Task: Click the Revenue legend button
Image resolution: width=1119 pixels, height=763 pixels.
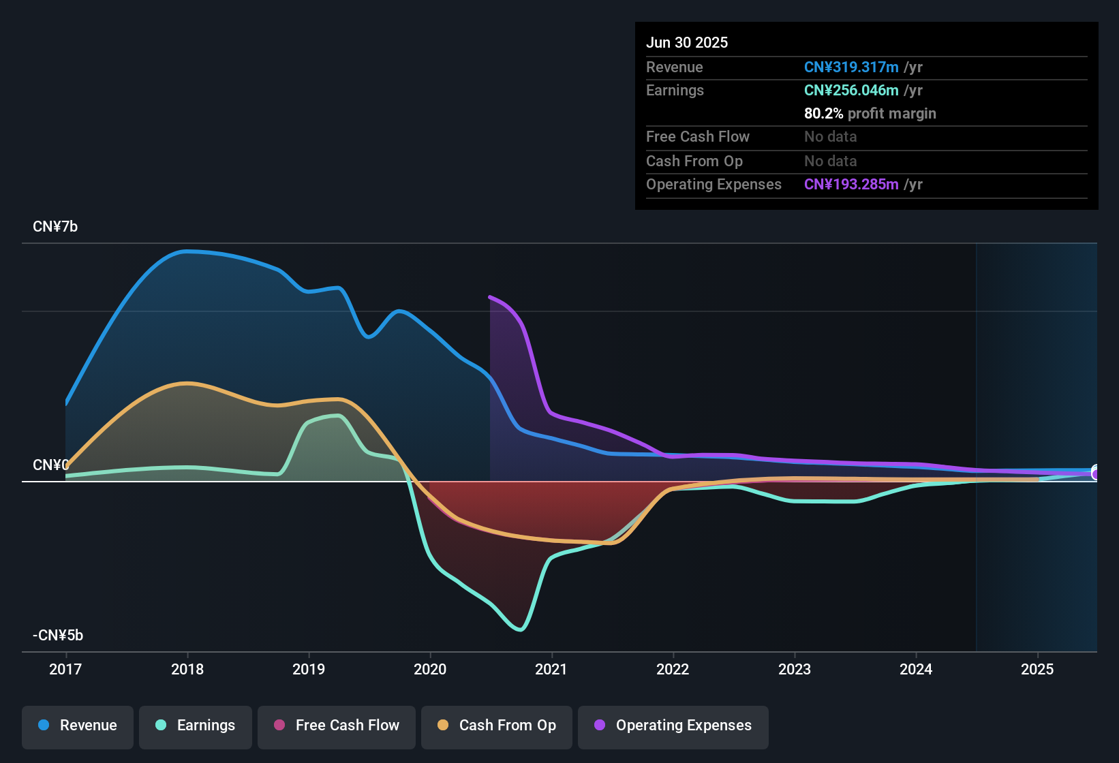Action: (x=78, y=726)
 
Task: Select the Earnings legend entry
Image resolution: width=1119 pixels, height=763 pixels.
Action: (x=195, y=726)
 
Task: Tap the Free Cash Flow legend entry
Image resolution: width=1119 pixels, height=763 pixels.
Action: (x=337, y=726)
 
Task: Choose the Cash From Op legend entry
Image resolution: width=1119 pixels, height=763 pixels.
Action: (x=497, y=726)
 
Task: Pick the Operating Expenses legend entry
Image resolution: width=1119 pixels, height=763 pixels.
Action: (x=673, y=726)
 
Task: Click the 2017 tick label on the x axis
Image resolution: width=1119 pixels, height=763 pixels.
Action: (x=65, y=669)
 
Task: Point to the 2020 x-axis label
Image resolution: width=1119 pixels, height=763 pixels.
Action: (x=430, y=669)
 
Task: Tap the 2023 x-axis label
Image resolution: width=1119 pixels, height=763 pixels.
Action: (x=795, y=669)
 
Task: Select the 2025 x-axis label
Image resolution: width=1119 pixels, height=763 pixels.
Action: (x=1037, y=669)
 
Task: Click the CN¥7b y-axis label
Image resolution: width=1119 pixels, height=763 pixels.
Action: (x=55, y=227)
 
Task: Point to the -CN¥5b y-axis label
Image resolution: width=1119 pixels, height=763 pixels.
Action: (x=58, y=636)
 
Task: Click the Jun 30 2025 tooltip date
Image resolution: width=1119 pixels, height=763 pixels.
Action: (x=687, y=42)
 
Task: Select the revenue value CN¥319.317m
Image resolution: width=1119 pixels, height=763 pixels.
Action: (x=851, y=67)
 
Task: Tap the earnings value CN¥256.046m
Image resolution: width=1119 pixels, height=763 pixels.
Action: (x=851, y=90)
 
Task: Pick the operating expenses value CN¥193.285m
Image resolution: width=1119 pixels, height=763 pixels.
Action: (x=851, y=184)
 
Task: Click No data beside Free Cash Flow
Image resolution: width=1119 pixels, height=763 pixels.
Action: (x=830, y=136)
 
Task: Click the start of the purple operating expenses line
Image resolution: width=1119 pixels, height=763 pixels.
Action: (x=490, y=297)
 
